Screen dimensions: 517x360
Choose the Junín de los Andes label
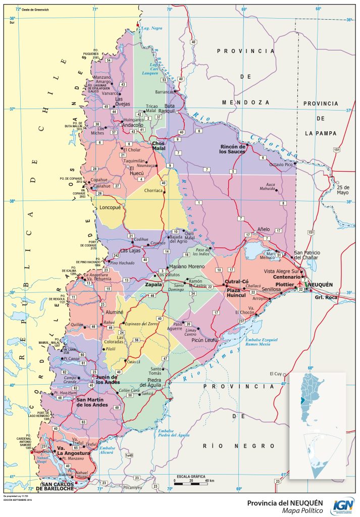(x=107, y=380)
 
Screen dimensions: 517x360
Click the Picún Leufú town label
(x=205, y=341)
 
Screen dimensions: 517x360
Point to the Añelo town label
(x=264, y=228)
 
